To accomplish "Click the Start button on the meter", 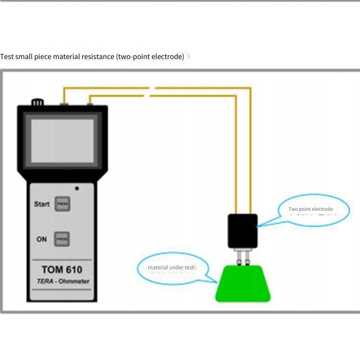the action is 62,204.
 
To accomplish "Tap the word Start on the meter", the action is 42,204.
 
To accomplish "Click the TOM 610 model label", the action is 62,269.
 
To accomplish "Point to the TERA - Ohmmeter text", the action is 62,281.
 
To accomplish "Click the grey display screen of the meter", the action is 62,141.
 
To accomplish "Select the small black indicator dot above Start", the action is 77,189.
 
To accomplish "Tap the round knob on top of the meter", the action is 37,102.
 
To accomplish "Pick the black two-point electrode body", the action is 242,231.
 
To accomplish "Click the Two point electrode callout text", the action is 311,209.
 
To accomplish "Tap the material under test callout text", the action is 171,267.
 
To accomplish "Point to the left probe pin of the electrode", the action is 238,257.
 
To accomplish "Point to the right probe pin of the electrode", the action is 247,257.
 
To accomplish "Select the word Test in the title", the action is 7,57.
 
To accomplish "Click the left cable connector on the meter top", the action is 64,103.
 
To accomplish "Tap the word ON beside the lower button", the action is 42,239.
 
